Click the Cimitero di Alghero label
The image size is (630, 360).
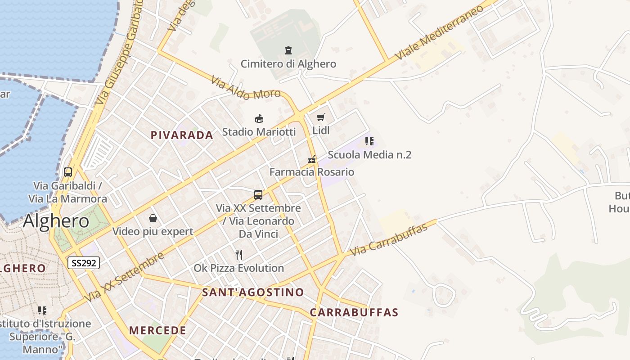(288, 64)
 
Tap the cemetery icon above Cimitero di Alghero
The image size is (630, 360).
(288, 50)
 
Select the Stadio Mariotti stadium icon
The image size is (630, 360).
(259, 119)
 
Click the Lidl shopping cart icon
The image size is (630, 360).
(321, 117)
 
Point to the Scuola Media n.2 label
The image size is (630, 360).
(369, 155)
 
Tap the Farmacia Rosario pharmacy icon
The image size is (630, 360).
(311, 159)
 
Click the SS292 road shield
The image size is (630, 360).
(83, 263)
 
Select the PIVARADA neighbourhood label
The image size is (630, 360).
(182, 135)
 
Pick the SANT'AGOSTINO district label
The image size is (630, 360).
(253, 292)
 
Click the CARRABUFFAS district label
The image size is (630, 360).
(354, 312)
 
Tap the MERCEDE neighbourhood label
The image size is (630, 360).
(157, 330)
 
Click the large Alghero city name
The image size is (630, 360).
(56, 221)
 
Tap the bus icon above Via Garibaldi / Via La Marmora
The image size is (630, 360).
(68, 172)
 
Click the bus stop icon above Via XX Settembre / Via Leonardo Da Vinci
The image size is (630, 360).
(258, 194)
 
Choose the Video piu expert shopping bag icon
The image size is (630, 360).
(153, 219)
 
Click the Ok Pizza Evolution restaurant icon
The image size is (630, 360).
(239, 255)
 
